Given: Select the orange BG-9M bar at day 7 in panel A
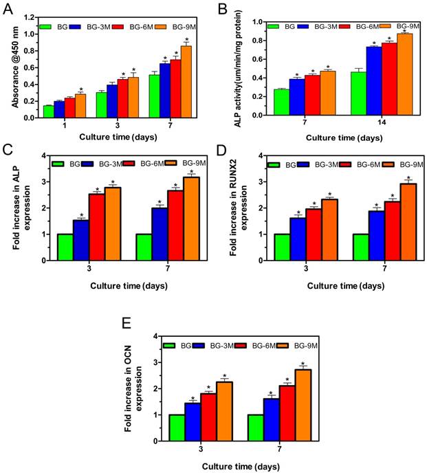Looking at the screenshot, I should [x=186, y=81].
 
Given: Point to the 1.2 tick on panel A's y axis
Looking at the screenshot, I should [x=31, y=16].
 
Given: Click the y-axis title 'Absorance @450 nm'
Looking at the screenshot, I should [x=12, y=65].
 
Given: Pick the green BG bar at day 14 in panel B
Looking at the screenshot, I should [x=358, y=93].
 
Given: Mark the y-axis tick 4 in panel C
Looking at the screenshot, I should [x=43, y=156].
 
